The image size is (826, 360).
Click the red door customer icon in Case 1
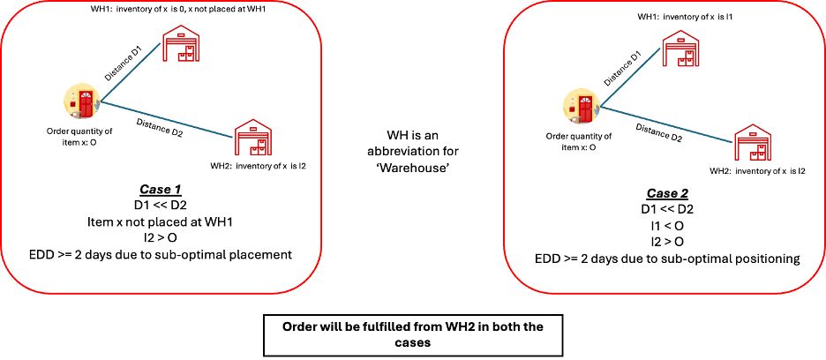[x=82, y=102]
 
